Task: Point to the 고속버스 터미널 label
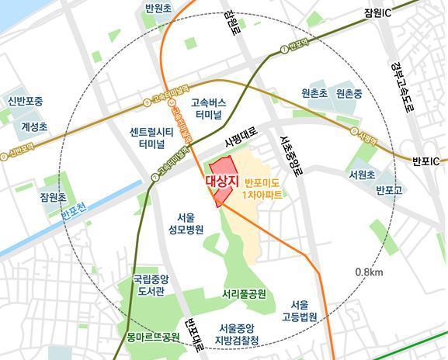[210, 109]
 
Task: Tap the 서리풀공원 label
[244, 295]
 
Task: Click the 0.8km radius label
[369, 272]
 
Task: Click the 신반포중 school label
[26, 102]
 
